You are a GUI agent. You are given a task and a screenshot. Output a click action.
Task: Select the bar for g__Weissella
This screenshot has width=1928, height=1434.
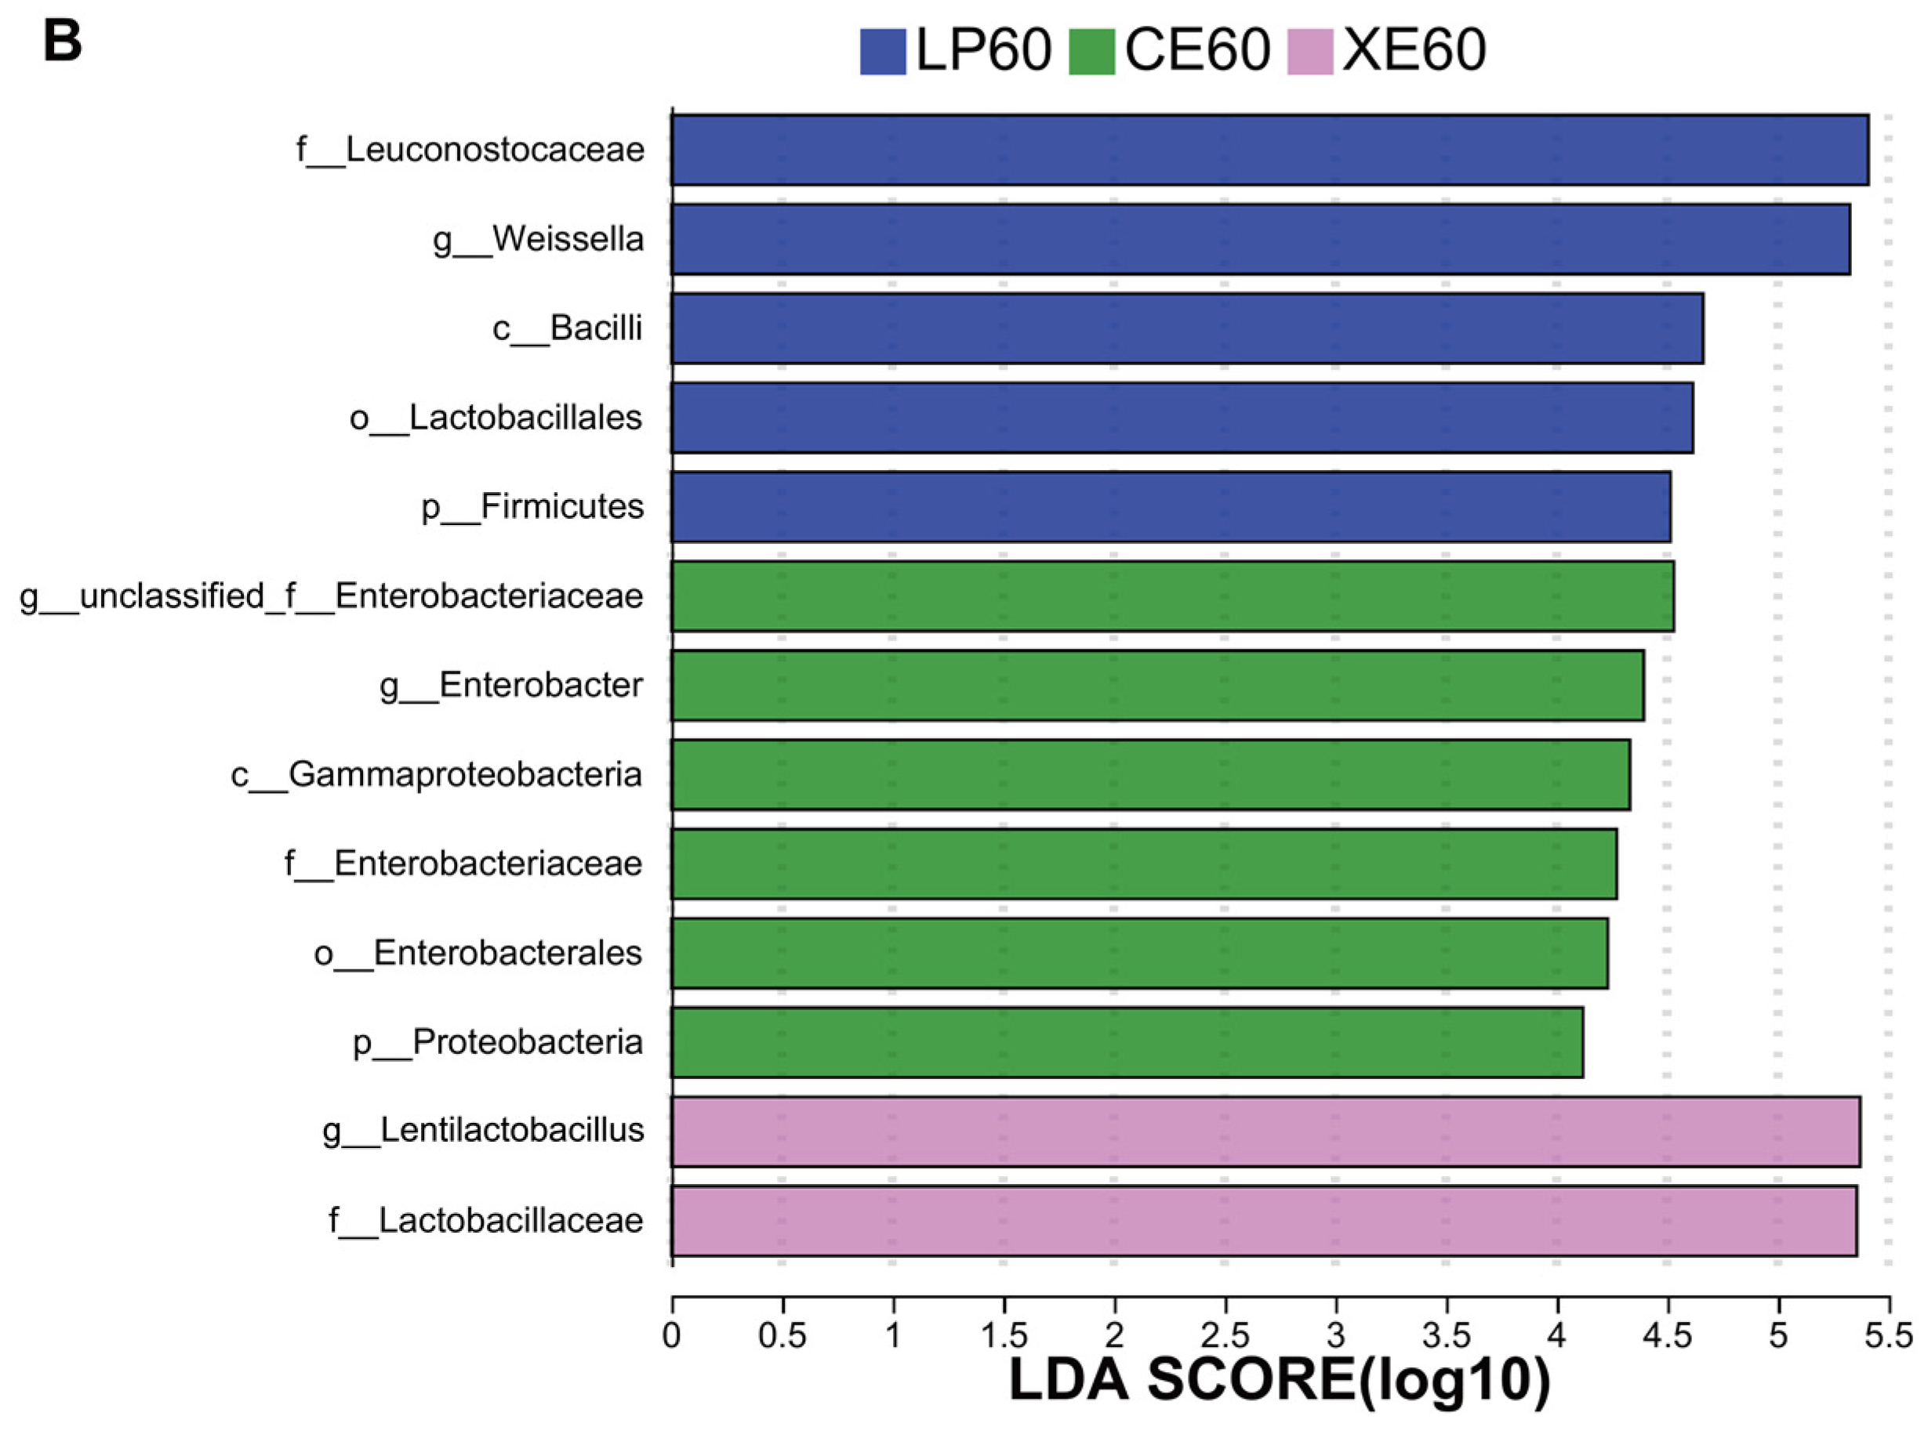coord(1259,239)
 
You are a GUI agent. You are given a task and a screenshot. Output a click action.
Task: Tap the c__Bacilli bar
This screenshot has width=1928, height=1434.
coord(1186,328)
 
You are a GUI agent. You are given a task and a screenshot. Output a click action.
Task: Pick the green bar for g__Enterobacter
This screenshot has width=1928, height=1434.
coord(1156,685)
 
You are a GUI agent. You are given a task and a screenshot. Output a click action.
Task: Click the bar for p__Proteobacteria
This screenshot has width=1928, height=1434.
coord(1127,1041)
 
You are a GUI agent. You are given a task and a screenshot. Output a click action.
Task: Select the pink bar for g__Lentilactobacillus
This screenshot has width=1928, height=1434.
coord(1265,1131)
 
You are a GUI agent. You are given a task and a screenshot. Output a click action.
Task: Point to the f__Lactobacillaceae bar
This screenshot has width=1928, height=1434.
coord(1263,1220)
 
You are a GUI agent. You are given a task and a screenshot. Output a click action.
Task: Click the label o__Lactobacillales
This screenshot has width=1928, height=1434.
coord(496,418)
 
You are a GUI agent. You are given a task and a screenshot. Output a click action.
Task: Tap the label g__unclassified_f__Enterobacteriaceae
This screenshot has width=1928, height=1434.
coord(331,596)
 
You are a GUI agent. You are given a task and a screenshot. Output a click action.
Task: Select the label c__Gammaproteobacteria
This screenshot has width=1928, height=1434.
coord(436,774)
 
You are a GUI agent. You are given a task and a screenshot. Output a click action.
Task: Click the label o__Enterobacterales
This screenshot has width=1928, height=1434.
coord(477,953)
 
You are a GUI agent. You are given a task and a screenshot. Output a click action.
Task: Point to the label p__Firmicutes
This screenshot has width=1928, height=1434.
coord(532,507)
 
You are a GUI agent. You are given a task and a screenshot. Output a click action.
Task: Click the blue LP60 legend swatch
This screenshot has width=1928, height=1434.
coord(882,51)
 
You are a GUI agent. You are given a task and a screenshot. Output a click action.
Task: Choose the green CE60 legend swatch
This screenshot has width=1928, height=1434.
coord(1091,51)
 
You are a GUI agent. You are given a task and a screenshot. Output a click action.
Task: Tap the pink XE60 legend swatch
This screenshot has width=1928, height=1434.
coord(1309,51)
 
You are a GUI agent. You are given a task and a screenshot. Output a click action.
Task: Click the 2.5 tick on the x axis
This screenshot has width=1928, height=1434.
coord(1225,1335)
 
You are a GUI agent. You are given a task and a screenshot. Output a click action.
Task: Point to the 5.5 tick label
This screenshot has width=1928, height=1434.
coord(1889,1335)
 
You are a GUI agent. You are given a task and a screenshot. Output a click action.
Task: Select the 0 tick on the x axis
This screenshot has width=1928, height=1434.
coord(671,1335)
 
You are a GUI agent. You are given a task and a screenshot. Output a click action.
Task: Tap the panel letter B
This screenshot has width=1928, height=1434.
coord(62,41)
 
